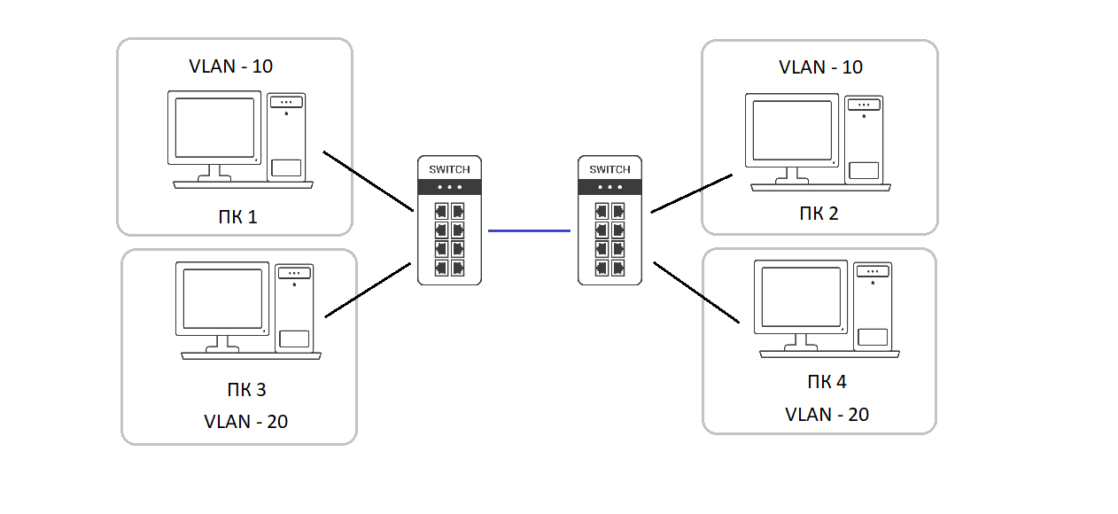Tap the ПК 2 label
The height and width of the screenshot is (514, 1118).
819,213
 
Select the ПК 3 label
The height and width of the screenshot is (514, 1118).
245,389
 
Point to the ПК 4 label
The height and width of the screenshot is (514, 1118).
827,382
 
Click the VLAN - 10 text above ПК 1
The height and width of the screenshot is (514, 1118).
231,66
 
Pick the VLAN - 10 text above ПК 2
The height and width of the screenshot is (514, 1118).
820,67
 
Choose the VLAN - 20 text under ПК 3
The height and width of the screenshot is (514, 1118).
245,421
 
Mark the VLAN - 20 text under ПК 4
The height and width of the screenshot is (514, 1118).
827,414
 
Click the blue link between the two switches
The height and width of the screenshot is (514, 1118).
529,230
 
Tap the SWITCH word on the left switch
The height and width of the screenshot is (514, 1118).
449,169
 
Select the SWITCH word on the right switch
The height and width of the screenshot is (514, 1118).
609,169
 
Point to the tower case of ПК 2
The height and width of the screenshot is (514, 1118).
864,140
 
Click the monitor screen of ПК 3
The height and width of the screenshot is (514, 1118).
222,299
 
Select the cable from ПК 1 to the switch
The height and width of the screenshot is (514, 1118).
369,181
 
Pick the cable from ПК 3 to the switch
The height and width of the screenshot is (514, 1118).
369,289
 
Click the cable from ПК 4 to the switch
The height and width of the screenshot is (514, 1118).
696,292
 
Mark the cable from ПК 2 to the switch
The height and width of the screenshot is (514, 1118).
691,193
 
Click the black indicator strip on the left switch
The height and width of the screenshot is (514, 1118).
449,187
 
